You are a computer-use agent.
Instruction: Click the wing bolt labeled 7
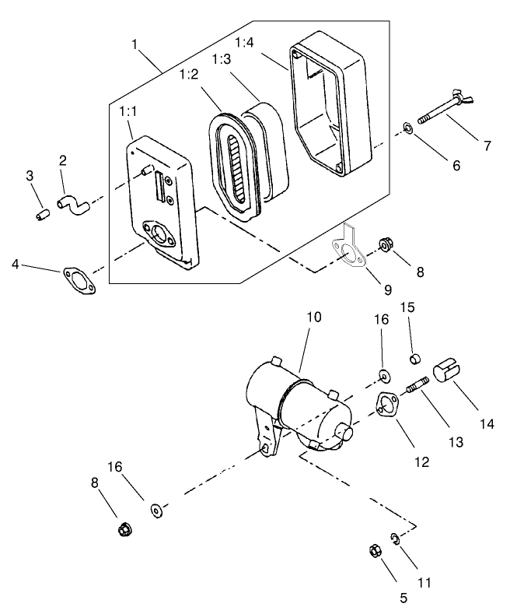point(446,110)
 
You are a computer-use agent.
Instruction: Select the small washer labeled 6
point(407,127)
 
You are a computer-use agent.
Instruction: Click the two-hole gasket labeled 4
point(77,281)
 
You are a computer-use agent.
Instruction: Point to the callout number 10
point(313,318)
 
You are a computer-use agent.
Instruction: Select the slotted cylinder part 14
point(446,370)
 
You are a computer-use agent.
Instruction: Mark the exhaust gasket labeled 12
point(385,406)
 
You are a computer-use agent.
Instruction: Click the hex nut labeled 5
point(372,551)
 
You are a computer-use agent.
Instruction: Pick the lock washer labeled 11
point(395,539)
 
